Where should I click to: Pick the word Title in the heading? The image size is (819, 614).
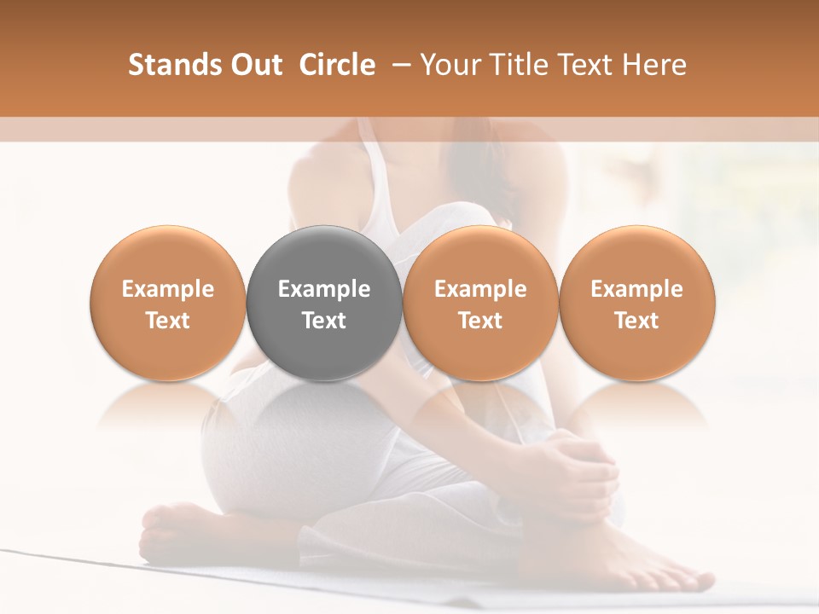pos(517,65)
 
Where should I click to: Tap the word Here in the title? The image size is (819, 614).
pos(653,65)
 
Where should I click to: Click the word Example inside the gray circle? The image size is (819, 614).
pos(324,289)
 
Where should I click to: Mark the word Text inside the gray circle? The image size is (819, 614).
pos(324,321)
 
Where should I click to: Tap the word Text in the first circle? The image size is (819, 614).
pos(168,321)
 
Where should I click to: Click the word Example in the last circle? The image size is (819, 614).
pos(637,289)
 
